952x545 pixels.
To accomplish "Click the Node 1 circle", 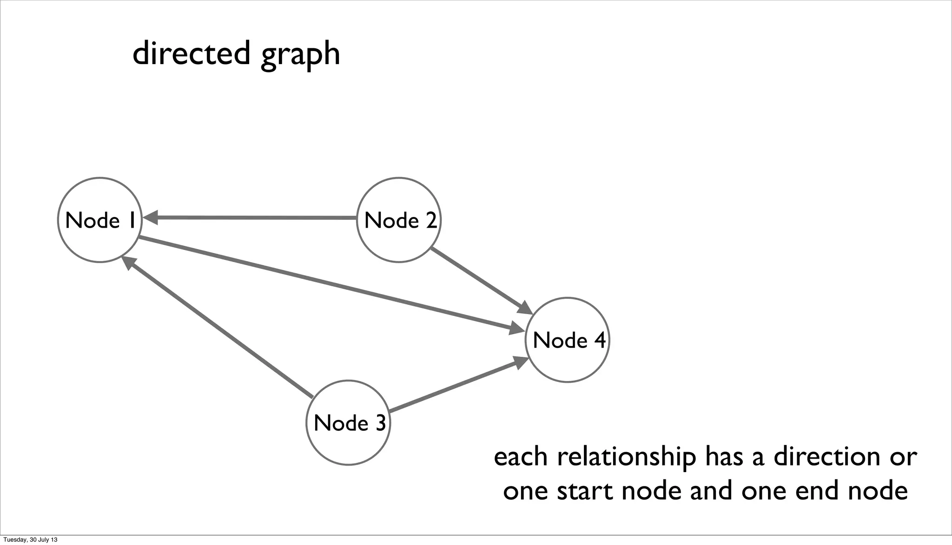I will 99,220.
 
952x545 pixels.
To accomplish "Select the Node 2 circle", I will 399,220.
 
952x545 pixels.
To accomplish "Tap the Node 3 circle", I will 348,423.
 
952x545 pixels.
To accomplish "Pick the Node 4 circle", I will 567,340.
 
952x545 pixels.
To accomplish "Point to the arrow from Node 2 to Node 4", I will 479,279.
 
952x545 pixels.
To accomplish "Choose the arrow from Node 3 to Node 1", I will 218,328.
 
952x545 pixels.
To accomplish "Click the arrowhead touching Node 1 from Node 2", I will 151,217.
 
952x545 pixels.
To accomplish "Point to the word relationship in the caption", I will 626,457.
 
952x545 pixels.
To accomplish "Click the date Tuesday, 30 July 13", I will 31,540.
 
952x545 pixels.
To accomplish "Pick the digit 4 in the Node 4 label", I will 599,340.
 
